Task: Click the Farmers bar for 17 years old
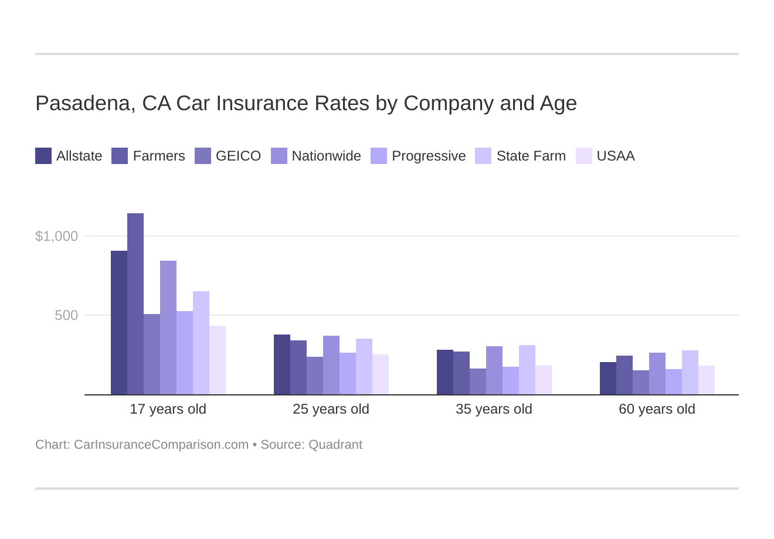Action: coord(135,304)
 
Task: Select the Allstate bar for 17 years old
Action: coord(119,323)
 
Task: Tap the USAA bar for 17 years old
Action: coord(218,360)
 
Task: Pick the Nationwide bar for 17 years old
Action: coord(168,328)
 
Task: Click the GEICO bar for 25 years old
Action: coord(315,376)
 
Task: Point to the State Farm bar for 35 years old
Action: coord(527,370)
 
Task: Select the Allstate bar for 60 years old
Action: coord(608,378)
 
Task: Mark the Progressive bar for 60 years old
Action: coord(674,382)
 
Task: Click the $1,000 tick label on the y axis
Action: coord(56,236)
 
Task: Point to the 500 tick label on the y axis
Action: coord(66,315)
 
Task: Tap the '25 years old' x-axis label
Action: coord(331,409)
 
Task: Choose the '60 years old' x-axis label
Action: coord(657,409)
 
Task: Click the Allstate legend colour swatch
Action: coord(43,156)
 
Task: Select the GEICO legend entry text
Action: coord(238,156)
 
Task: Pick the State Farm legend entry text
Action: coord(531,156)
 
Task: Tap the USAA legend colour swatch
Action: coord(584,156)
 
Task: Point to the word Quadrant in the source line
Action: coord(335,445)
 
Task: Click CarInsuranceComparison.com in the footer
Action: coord(161,445)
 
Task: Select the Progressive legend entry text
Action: coord(429,156)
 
